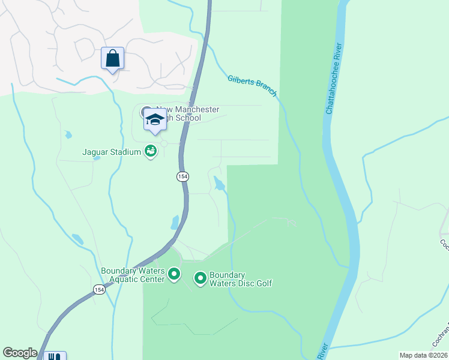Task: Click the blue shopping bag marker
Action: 112,59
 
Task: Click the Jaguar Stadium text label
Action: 111,152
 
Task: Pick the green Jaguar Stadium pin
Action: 150,152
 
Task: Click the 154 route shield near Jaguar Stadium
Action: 182,176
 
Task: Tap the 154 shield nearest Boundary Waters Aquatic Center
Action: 98,289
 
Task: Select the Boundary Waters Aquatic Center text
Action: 133,275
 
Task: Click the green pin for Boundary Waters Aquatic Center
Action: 174,275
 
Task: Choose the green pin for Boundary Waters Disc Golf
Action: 200,278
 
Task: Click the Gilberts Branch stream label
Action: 252,85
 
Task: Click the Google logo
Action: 20,353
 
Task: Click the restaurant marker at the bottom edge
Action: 55,356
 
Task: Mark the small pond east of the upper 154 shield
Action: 220,184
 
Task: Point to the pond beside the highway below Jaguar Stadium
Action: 175,223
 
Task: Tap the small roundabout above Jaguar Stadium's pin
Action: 163,143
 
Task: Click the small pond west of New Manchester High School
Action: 68,134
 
